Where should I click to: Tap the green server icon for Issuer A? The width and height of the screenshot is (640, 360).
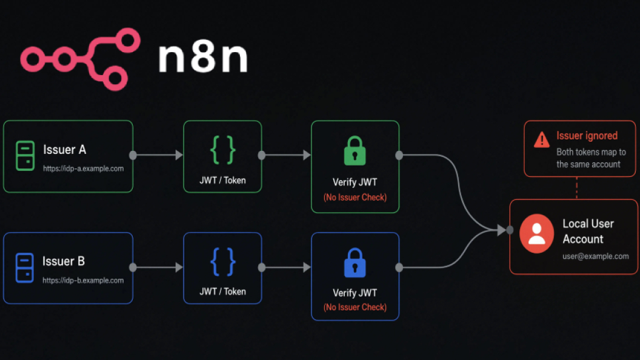(25, 156)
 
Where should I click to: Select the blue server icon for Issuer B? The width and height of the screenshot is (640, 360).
(24, 268)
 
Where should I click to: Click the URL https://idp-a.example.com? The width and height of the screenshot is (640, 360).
(83, 168)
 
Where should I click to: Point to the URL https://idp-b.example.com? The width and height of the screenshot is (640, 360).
(83, 281)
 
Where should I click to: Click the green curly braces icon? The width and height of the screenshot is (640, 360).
(222, 150)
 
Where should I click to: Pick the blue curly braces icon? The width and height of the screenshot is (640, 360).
(222, 262)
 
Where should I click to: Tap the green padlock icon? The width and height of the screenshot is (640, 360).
(355, 151)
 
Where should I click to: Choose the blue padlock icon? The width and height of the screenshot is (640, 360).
(355, 263)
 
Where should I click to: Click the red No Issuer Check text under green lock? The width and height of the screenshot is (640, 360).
(355, 198)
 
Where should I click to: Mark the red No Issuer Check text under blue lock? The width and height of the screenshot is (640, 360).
(355, 307)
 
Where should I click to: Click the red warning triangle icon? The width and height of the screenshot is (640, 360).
(542, 139)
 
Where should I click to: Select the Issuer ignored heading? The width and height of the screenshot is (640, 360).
(587, 136)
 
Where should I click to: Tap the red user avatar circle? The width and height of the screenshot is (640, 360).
(537, 233)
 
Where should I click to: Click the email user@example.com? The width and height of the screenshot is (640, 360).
(596, 256)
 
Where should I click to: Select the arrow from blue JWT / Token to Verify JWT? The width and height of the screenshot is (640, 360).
(286, 267)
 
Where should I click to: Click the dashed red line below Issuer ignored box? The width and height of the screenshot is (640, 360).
(577, 188)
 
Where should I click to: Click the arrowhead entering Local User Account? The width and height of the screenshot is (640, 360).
(502, 230)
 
